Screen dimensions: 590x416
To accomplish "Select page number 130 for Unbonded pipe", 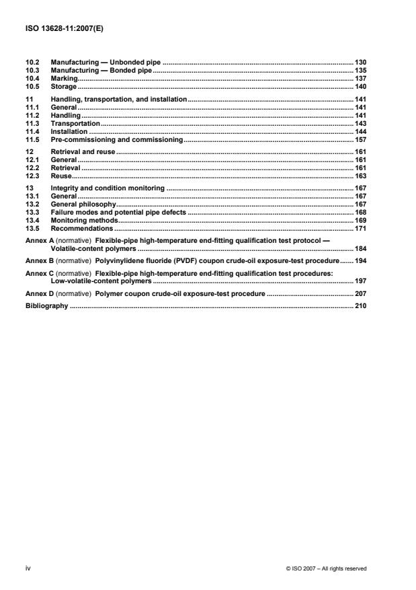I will [x=360, y=63].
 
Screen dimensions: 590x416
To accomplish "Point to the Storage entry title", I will [x=64, y=87].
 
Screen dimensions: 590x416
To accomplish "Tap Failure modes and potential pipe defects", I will [x=118, y=212].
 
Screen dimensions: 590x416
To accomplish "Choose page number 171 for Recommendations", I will [x=360, y=228].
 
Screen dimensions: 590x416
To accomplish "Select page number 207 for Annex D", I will [x=360, y=294].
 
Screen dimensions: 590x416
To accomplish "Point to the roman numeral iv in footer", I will [x=28, y=568].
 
